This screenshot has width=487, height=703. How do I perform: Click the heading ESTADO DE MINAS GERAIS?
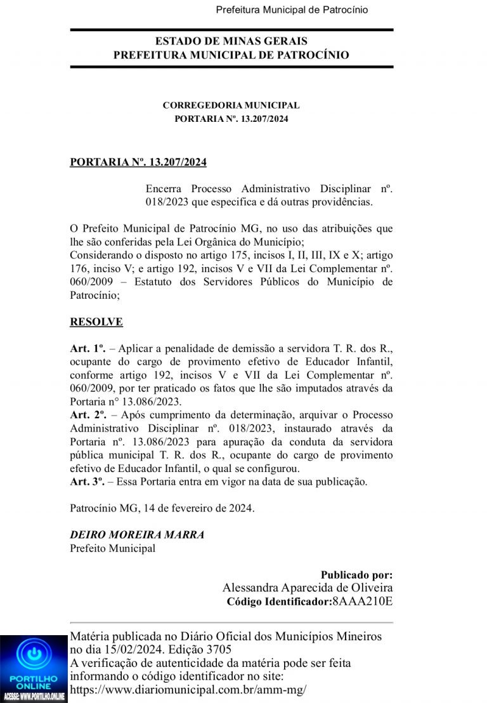[x=231, y=41]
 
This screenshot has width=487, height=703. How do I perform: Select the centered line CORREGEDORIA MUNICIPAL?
[x=231, y=105]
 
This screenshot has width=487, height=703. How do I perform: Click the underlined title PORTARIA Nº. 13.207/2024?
[x=138, y=162]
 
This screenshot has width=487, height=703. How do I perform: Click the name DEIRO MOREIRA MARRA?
[x=137, y=535]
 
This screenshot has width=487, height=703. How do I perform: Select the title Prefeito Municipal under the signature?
[x=112, y=549]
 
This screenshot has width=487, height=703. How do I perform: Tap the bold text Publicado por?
[x=356, y=575]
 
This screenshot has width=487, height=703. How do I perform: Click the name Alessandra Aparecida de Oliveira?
[x=308, y=588]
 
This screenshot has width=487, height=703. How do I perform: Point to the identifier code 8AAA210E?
[x=362, y=601]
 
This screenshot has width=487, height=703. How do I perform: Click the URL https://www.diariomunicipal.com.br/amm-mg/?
[x=188, y=690]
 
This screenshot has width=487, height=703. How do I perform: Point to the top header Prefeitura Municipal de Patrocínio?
[x=292, y=10]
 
